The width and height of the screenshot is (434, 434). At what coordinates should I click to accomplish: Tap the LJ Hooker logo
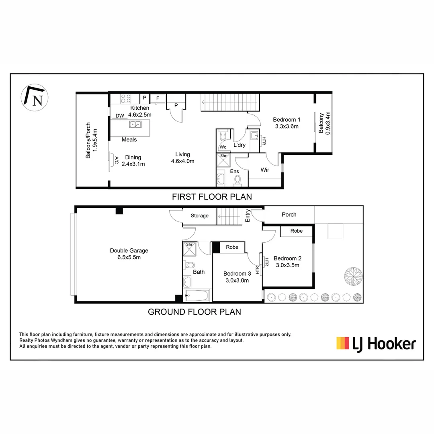[x=376, y=344]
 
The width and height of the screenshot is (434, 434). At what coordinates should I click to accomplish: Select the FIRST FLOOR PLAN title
[x=212, y=197]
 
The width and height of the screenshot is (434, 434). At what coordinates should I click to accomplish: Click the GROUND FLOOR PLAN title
[x=194, y=311]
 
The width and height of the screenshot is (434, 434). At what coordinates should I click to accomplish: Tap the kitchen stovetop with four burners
[x=126, y=98]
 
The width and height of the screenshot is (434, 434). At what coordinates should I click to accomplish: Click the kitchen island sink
[x=135, y=124]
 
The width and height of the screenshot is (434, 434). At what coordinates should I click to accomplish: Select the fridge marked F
[x=157, y=98]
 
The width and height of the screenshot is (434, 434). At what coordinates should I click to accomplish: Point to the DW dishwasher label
[x=120, y=116]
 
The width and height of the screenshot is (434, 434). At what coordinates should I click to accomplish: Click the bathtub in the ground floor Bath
[x=197, y=296]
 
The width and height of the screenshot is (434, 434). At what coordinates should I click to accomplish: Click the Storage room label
[x=199, y=216]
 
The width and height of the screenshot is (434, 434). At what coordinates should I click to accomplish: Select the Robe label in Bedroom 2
[x=296, y=231]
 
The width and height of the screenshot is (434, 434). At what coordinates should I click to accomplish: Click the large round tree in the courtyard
[x=353, y=277]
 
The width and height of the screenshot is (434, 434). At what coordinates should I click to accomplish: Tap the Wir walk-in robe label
[x=264, y=170]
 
